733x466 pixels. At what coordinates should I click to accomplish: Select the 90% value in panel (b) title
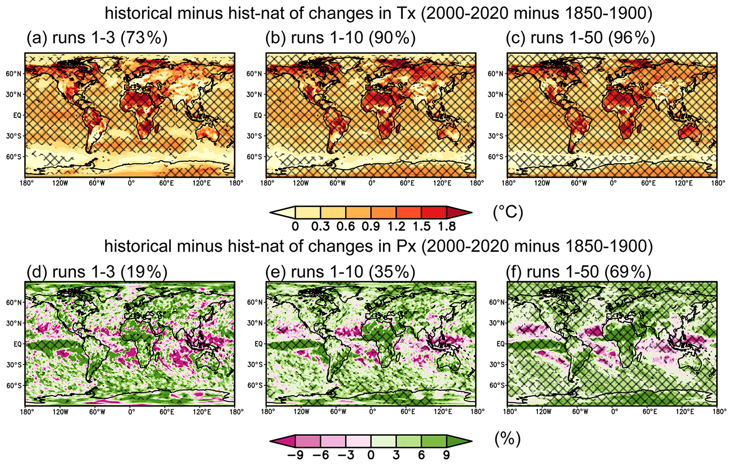click(392, 38)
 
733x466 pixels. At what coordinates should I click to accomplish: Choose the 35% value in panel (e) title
click(392, 272)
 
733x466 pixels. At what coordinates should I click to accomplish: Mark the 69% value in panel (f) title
click(628, 272)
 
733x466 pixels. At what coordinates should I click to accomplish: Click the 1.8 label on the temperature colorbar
click(446, 227)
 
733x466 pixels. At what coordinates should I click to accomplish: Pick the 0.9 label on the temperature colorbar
click(370, 227)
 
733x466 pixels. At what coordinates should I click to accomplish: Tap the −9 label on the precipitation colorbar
click(296, 455)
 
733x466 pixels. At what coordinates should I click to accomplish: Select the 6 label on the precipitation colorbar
click(421, 455)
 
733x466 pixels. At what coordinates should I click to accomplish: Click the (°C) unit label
click(508, 213)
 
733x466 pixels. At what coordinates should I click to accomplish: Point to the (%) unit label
click(508, 439)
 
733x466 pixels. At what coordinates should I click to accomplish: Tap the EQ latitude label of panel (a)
click(17, 115)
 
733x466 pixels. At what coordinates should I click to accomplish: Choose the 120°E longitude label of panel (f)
click(684, 412)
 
